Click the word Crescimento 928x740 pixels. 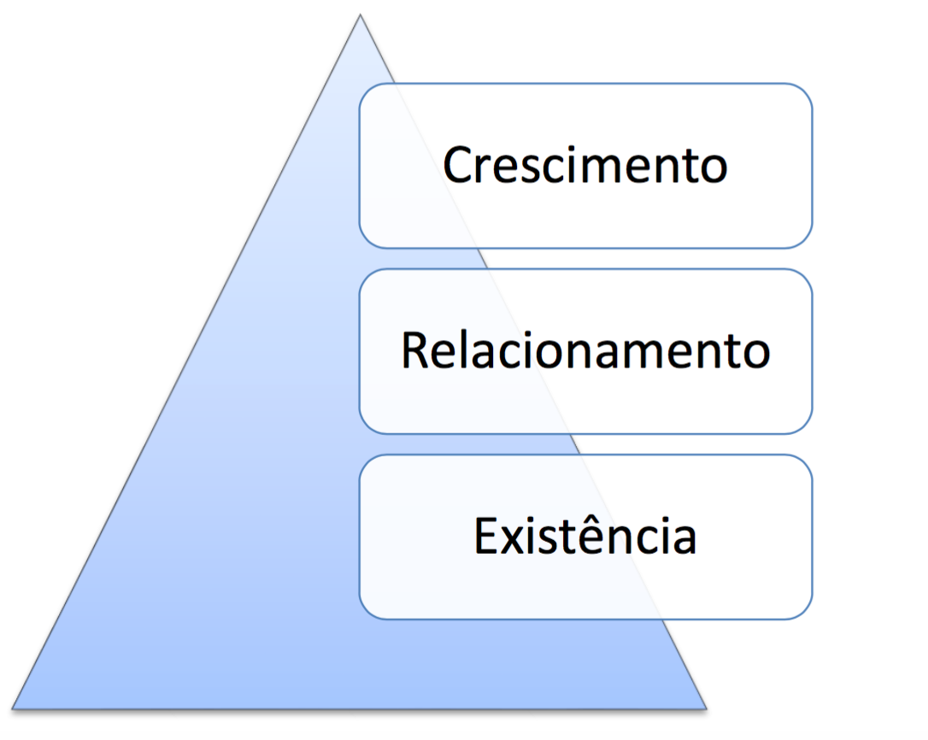(x=585, y=165)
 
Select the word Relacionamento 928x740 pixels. (x=585, y=350)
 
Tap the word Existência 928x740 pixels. (x=585, y=536)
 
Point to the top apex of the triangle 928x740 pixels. (x=360, y=15)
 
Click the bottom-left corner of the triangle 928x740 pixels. (x=14, y=708)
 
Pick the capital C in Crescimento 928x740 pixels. (x=458, y=165)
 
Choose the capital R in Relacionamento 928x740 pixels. (x=415, y=350)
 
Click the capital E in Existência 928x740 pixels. (x=485, y=536)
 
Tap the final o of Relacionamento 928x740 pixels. (x=755, y=354)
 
